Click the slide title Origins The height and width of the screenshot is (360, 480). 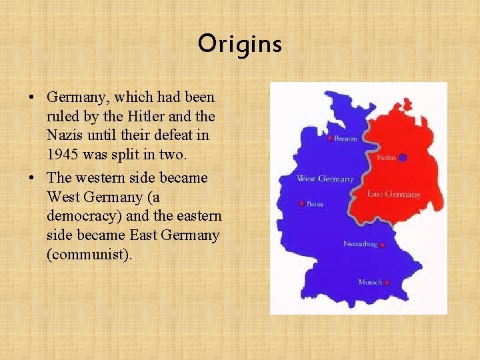(x=239, y=45)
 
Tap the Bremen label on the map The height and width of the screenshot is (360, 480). (x=345, y=139)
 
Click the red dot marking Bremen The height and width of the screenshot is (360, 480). (x=330, y=139)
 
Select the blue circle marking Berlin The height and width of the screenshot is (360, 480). (x=403, y=157)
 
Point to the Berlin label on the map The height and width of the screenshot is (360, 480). (x=387, y=157)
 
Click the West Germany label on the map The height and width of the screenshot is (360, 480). (x=325, y=179)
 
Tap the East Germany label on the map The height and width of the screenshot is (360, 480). (x=394, y=194)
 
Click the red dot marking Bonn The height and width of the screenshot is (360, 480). (x=302, y=203)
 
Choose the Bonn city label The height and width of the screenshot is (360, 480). (x=315, y=203)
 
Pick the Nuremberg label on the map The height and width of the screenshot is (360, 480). (x=360, y=244)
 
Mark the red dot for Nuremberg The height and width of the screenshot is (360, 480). (x=383, y=245)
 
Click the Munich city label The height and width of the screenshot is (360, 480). (x=370, y=282)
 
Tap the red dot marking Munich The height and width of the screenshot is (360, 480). (x=387, y=283)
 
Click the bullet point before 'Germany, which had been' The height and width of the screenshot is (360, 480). (x=32, y=97)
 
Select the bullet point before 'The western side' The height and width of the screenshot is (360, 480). (x=32, y=179)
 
